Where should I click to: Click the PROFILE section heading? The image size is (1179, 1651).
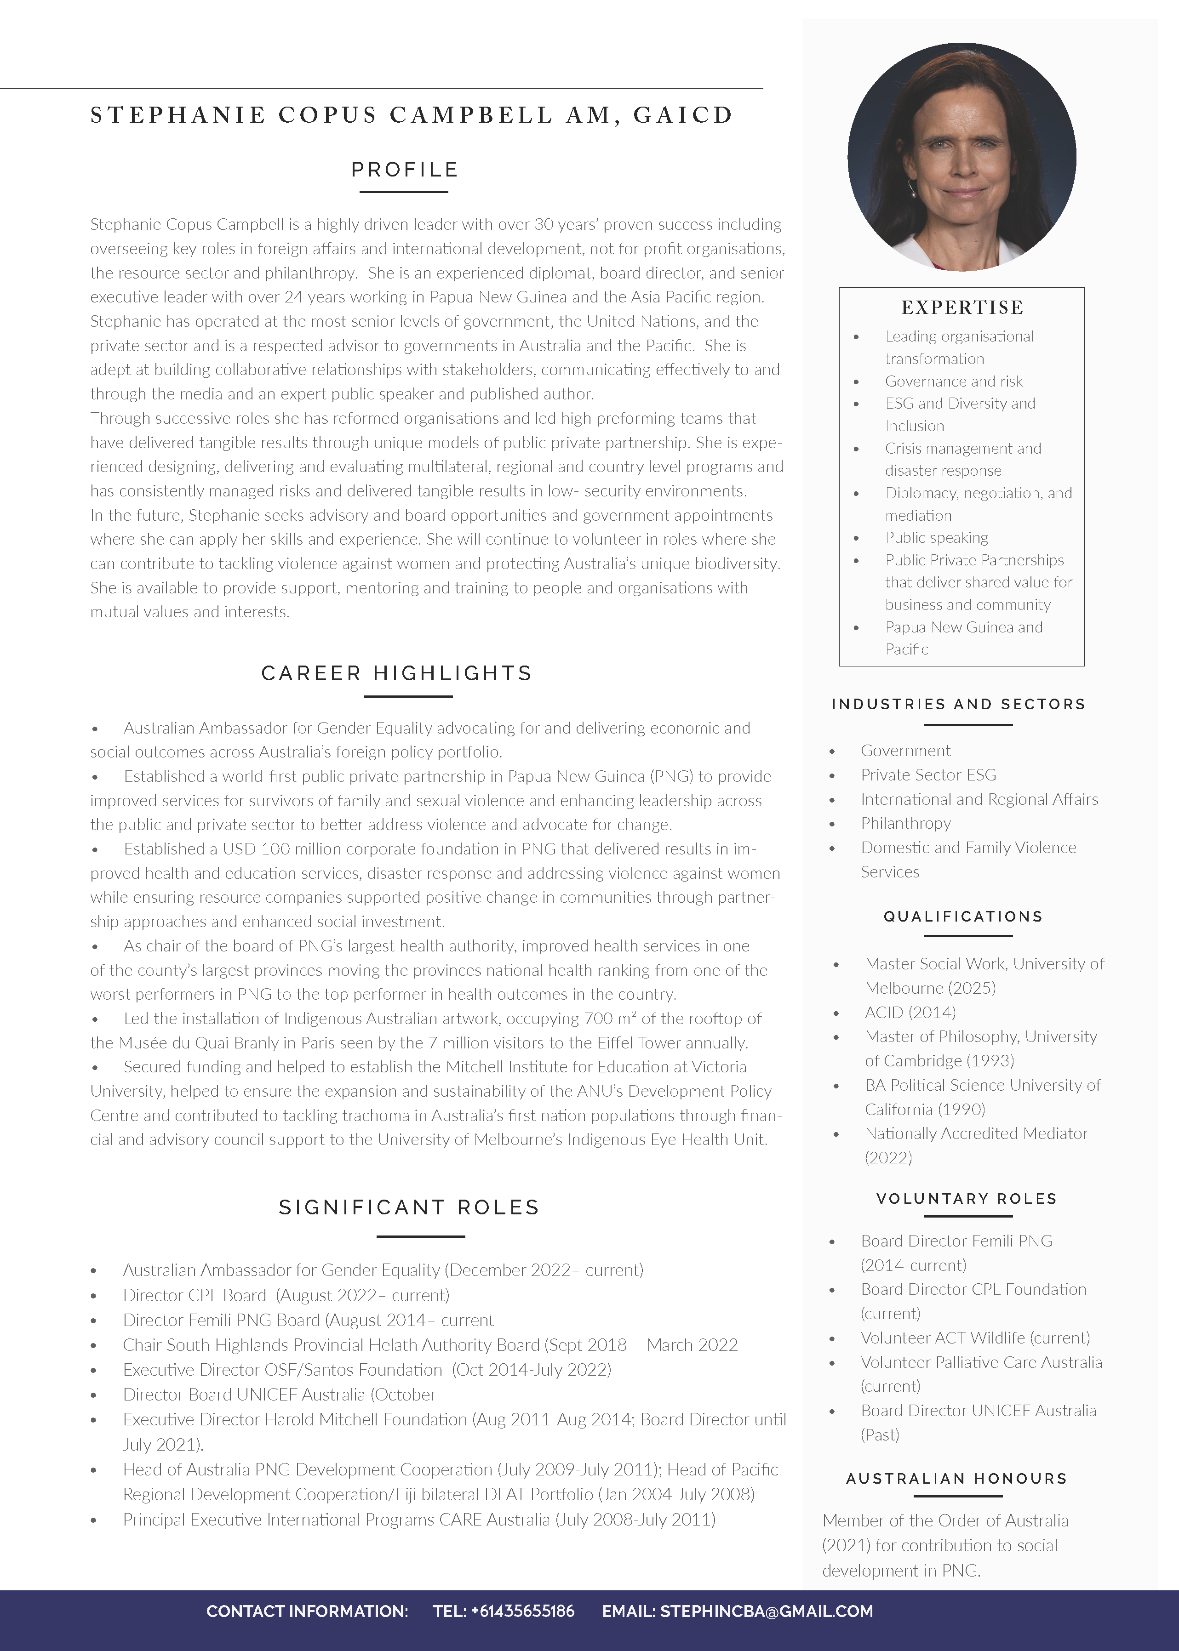[404, 170]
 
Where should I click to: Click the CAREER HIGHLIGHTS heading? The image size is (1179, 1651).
[396, 673]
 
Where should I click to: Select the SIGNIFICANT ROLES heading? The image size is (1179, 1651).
[409, 1207]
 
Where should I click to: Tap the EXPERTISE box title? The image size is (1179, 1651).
[962, 307]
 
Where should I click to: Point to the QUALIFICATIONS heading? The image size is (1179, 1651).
[963, 917]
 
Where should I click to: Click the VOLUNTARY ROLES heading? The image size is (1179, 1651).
[966, 1199]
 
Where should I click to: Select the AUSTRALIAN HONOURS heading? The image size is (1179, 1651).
[956, 1478]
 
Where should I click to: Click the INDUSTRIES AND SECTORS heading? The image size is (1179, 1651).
[958, 704]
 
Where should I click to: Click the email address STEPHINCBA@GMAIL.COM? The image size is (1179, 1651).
[766, 1611]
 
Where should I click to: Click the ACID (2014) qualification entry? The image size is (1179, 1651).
[910, 1012]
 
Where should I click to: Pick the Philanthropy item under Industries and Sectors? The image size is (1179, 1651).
[905, 823]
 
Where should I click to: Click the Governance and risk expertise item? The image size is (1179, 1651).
[953, 381]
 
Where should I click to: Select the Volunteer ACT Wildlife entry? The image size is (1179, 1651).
[975, 1338]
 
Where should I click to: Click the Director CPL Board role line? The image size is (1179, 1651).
[286, 1295]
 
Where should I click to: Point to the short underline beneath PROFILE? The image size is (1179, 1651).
[404, 192]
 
